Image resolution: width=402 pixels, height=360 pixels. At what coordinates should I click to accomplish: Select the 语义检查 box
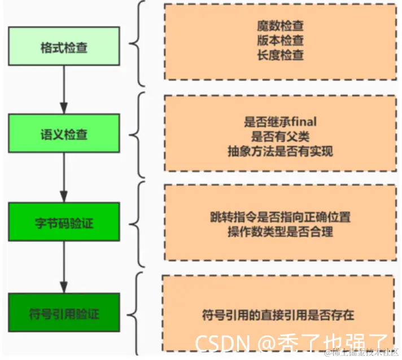coord(63,135)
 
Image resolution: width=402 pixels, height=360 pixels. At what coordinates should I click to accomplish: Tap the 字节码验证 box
coord(63,223)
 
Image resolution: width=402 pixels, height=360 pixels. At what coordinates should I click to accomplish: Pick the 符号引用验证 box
coord(63,311)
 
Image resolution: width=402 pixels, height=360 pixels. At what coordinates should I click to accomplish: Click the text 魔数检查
coord(280,25)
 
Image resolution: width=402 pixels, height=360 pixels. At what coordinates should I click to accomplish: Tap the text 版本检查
coord(280,41)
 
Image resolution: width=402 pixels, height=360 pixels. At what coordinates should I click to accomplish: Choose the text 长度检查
coord(280,55)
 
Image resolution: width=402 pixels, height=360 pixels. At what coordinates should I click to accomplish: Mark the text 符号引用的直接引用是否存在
coord(278,314)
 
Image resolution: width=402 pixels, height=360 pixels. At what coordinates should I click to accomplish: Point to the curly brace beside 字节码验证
coord(138,223)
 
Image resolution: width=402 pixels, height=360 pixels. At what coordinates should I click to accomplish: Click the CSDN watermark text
coord(220,343)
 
